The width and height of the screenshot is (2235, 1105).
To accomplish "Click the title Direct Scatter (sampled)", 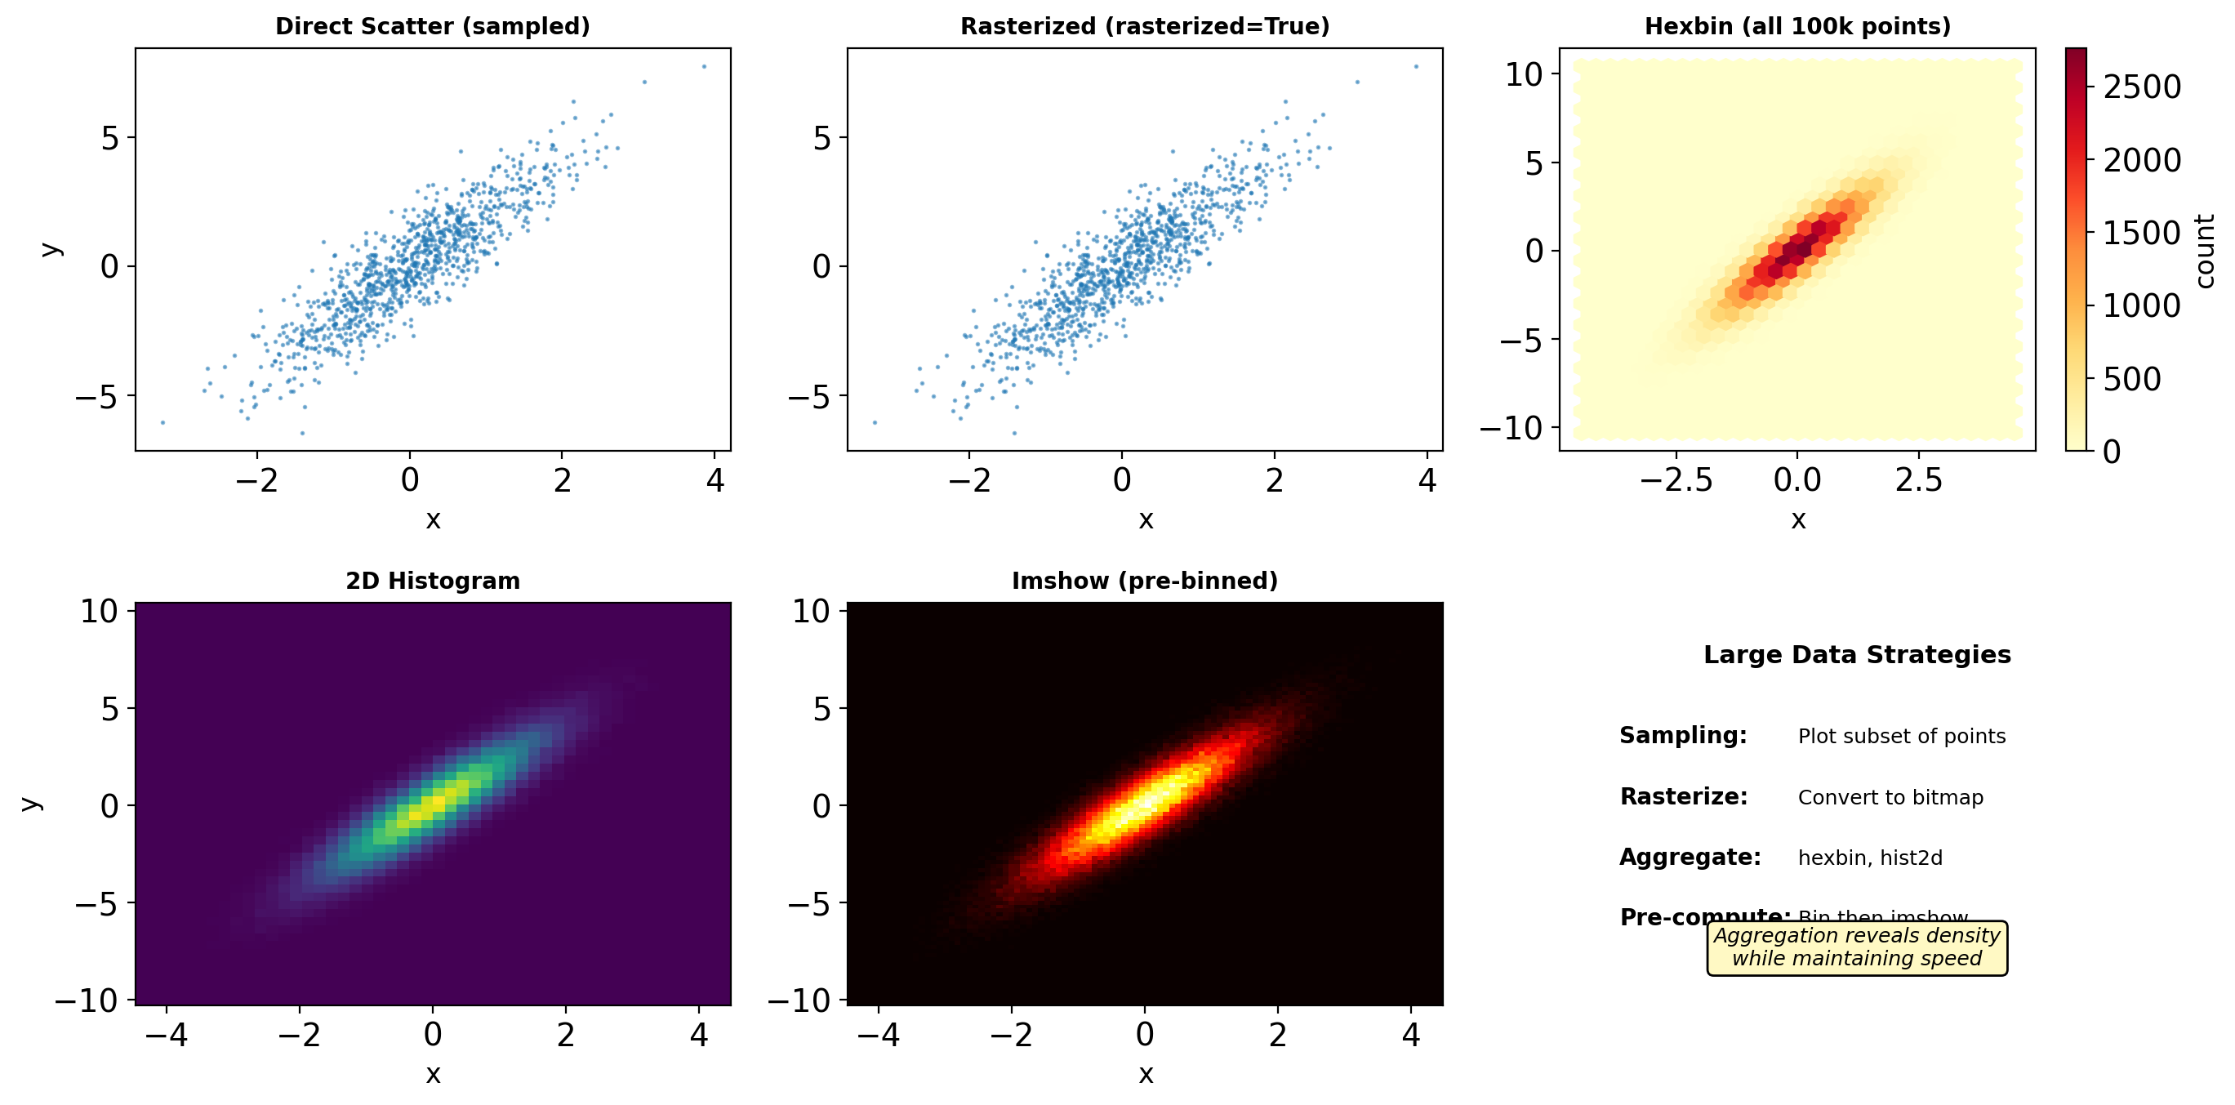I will click(432, 26).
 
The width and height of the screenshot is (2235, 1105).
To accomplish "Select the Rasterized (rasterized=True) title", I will click(1144, 26).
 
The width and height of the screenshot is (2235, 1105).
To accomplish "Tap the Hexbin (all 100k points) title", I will click(1796, 26).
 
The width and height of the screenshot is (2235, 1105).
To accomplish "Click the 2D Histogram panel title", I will click(432, 581).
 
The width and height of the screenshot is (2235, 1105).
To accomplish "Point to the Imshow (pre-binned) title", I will click(1144, 581).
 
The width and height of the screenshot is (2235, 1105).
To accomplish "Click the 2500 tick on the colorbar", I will click(2141, 87).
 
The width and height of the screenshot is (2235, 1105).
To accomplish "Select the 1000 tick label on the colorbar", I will click(2141, 305).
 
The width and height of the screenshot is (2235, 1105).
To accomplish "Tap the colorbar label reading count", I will click(2205, 251).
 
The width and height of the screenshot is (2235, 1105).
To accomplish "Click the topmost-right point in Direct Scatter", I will click(705, 67).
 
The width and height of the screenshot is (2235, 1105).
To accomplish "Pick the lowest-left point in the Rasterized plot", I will click(875, 423).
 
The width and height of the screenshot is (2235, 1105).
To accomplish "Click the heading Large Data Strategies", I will click(1857, 654).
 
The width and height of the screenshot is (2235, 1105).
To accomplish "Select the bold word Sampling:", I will click(1682, 735).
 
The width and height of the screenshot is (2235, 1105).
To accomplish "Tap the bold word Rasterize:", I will click(1683, 797).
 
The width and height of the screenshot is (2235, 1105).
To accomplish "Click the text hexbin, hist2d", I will click(1870, 858).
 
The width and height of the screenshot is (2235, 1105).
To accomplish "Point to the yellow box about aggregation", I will click(1857, 948).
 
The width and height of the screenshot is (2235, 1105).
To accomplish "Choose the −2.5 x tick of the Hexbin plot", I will click(1676, 480).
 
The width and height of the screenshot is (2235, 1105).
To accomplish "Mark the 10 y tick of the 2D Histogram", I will click(99, 611).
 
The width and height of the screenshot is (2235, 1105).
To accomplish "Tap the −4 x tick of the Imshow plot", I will click(878, 1035).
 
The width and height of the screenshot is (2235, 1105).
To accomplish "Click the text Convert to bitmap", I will click(1890, 797).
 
